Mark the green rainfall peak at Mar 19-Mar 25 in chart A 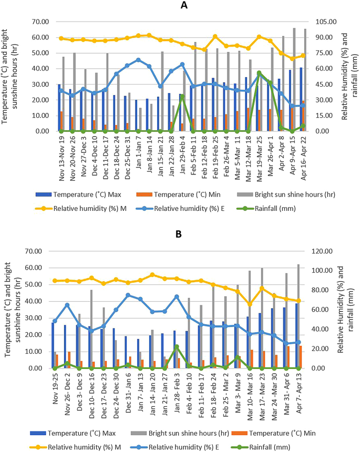point(259,73)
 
